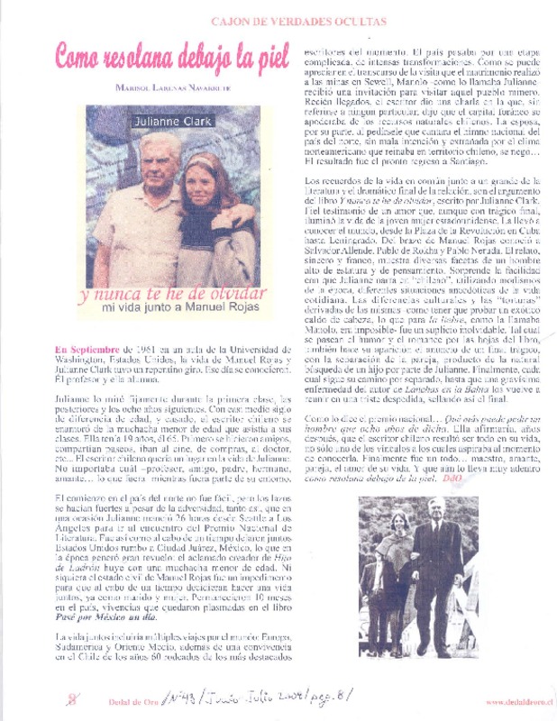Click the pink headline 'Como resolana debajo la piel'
171,56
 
